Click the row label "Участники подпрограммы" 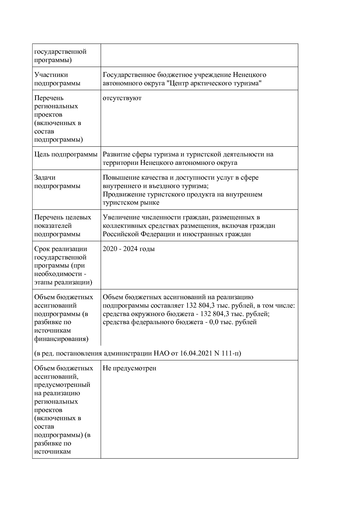(57, 79)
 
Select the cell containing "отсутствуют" (122, 98)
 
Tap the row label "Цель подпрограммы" (66, 154)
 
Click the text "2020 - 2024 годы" (129, 249)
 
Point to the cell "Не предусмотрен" (129, 368)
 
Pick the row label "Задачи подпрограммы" (57, 182)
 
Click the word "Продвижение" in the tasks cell (124, 194)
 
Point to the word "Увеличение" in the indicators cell (121, 217)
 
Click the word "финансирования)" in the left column (61, 339)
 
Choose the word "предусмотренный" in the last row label (62, 385)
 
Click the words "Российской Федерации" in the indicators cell (139, 234)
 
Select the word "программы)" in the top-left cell (53, 60)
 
